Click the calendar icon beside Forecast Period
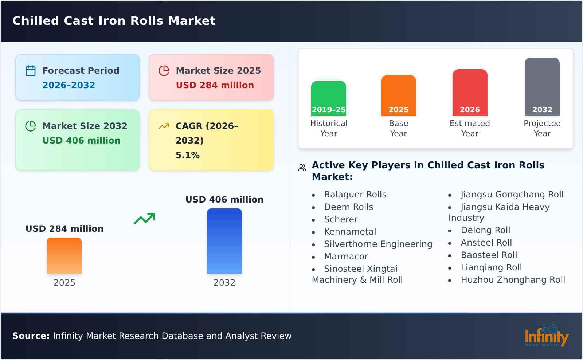(x=31, y=71)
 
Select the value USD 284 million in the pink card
(x=215, y=85)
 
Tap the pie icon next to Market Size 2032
(x=31, y=126)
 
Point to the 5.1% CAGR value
(x=187, y=155)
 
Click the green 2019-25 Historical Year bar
(x=328, y=98)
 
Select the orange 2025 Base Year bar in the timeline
(x=398, y=95)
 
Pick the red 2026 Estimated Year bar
(x=470, y=93)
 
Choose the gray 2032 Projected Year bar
(x=542, y=87)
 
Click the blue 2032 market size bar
(x=224, y=241)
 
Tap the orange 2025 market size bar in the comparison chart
(x=64, y=256)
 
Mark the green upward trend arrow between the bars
(x=144, y=219)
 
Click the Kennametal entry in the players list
(x=350, y=232)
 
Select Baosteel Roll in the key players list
(x=489, y=255)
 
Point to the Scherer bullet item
(x=341, y=219)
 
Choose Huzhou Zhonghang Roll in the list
(x=513, y=280)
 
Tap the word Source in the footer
(x=31, y=336)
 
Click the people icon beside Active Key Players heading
(x=302, y=168)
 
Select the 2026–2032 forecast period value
(x=69, y=85)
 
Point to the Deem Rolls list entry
(x=348, y=207)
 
